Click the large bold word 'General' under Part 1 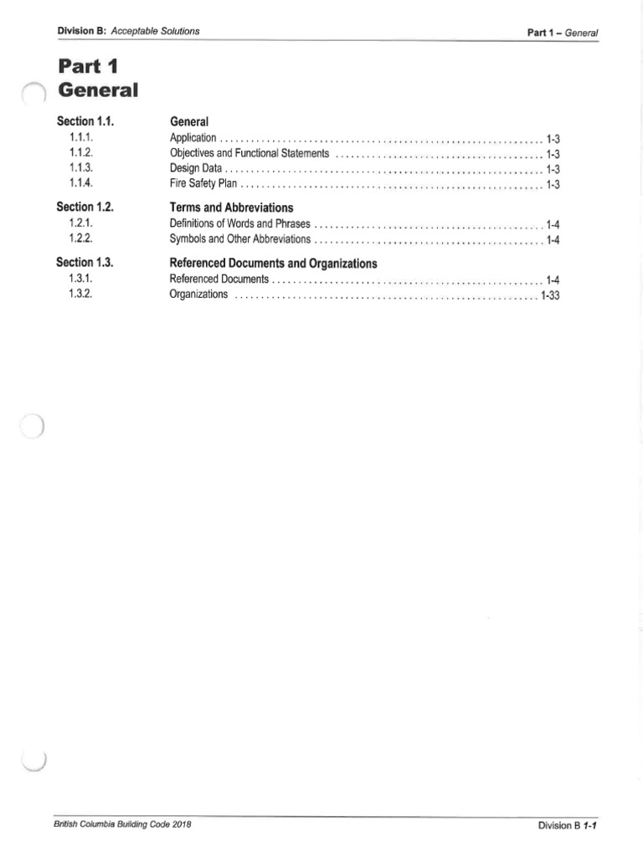click(x=97, y=90)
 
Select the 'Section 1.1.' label click(x=85, y=121)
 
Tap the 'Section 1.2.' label click(x=85, y=206)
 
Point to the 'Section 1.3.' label click(x=85, y=262)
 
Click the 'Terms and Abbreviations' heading click(x=232, y=207)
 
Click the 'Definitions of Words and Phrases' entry click(x=239, y=223)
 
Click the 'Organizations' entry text click(x=198, y=295)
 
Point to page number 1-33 click(x=549, y=296)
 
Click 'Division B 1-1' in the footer click(x=572, y=825)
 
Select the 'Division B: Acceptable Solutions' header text click(x=128, y=32)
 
